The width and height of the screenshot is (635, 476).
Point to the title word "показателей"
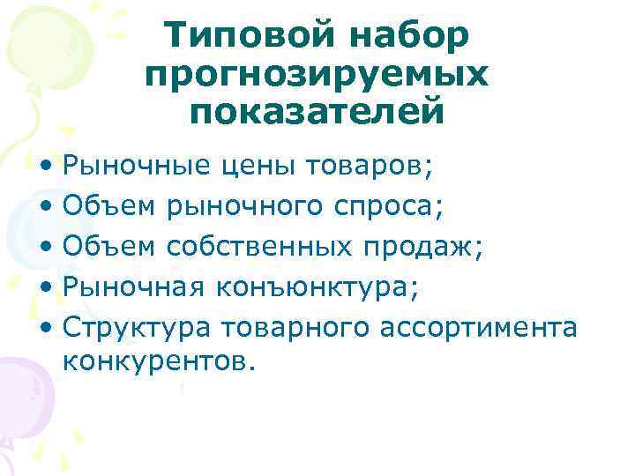pos(317,113)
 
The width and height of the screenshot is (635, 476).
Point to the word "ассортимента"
pos(479,329)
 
